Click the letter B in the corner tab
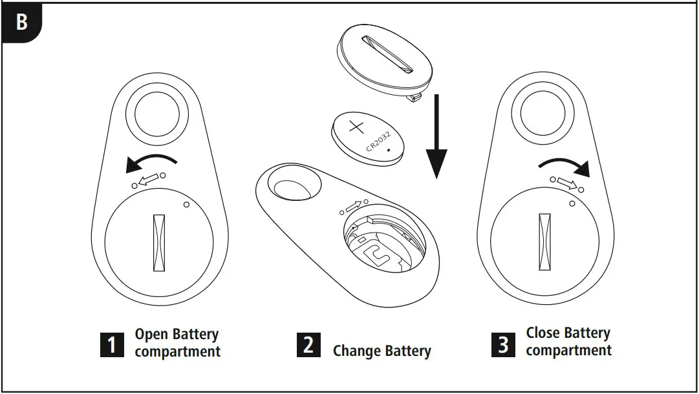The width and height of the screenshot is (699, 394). pos(21,22)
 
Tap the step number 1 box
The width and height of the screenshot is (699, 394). pos(111,344)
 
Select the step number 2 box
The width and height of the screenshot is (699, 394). pos(308,344)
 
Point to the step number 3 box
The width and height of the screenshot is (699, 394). pos(502,344)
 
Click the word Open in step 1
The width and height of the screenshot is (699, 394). pos(151,335)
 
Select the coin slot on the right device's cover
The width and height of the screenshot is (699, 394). pos(545,242)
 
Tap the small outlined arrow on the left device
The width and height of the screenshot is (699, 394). pos(149,179)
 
